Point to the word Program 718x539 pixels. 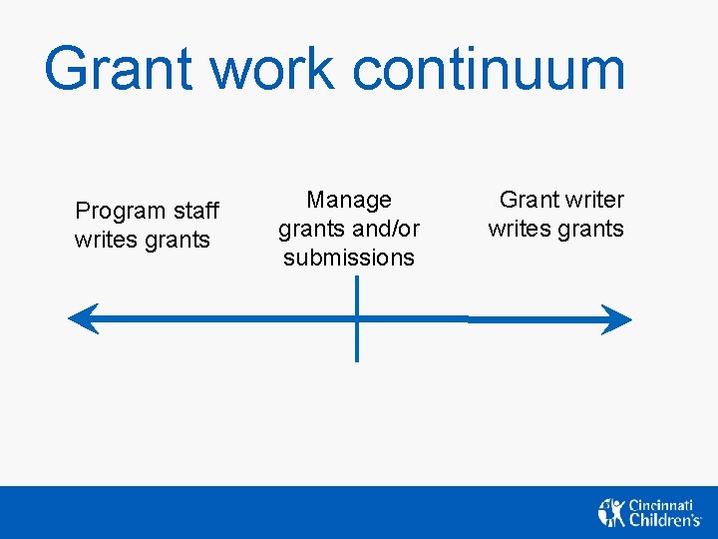(x=120, y=212)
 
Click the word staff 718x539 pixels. (x=194, y=211)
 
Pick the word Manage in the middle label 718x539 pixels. (x=349, y=200)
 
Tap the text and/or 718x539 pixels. (x=384, y=229)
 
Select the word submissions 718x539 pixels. (x=349, y=258)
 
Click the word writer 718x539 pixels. (x=594, y=200)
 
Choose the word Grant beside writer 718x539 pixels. (x=530, y=200)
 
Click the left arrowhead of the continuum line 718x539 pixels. (x=80, y=319)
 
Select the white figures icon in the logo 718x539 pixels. (x=611, y=512)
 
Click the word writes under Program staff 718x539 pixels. (x=103, y=240)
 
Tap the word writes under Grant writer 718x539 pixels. (x=517, y=229)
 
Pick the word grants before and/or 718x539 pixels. (x=309, y=230)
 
